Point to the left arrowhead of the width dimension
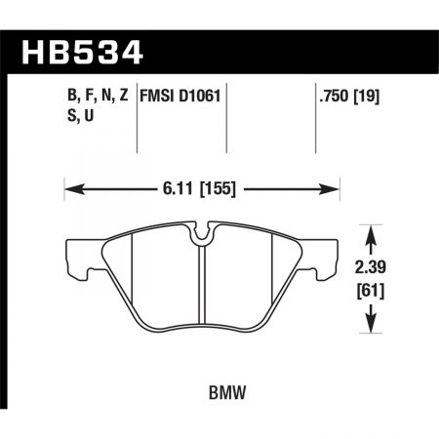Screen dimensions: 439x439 (x=68, y=189)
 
